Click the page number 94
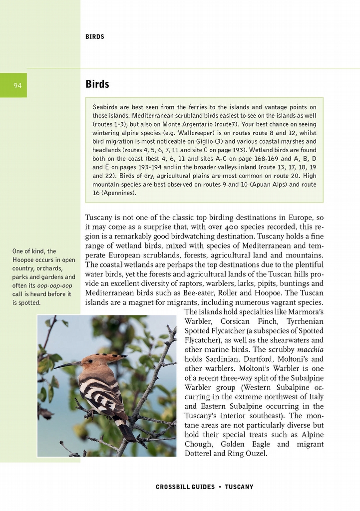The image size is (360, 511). coord(17,85)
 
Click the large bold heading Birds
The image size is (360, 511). coord(97,84)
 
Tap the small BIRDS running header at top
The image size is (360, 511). coord(95,37)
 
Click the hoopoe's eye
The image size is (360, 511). coord(90,361)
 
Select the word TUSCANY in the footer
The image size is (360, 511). coord(239,487)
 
